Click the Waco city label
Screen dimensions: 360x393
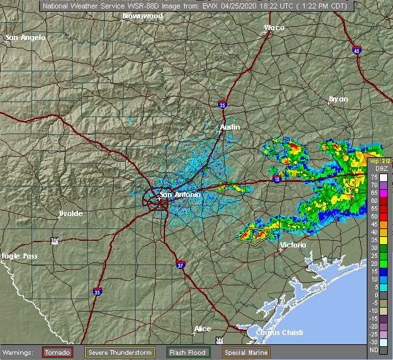coord(274,27)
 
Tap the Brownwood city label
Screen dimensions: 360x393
coord(142,14)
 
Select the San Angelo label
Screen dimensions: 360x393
coord(26,38)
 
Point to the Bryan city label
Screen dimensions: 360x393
coord(338,99)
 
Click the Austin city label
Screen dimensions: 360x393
coord(230,127)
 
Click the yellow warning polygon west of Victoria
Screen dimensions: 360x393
coord(253,235)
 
